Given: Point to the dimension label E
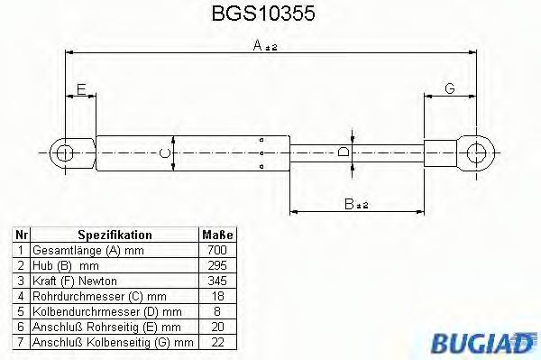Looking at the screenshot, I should coord(80,88).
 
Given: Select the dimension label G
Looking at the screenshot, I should coord(448,88).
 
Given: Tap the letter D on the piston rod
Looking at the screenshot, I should coord(344,152).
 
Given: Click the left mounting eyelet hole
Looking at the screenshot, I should coord(63,152).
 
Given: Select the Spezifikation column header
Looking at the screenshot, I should coord(114,235).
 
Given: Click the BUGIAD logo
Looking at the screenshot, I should coord(486,342).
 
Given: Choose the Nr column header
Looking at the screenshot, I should coord(20,235).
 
